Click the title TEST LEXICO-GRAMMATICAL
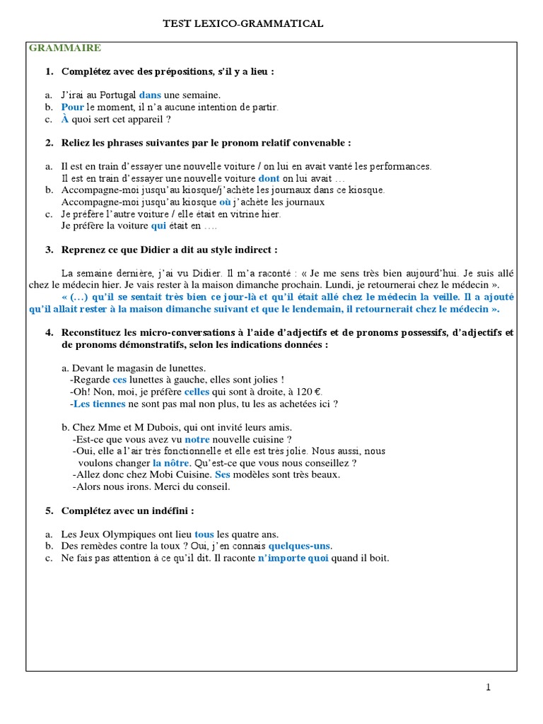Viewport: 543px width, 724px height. [243, 23]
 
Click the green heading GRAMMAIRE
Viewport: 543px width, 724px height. [64, 48]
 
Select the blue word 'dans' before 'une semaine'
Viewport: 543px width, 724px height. [150, 95]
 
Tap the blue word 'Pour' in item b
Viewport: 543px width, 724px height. [72, 107]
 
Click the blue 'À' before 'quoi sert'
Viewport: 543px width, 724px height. [65, 119]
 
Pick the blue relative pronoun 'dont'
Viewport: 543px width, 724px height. [269, 178]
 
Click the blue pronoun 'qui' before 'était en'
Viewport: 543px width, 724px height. [158, 226]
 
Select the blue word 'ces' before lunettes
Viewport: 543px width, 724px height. [119, 379]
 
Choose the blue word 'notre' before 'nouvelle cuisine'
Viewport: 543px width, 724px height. [197, 438]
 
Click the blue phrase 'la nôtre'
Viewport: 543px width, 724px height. [172, 462]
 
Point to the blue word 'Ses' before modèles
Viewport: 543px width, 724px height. [222, 474]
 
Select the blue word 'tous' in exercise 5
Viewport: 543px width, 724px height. [204, 534]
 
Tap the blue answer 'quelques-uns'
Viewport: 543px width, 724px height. [300, 546]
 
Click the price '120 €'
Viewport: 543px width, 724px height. [308, 391]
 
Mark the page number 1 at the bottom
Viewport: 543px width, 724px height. [488, 688]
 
